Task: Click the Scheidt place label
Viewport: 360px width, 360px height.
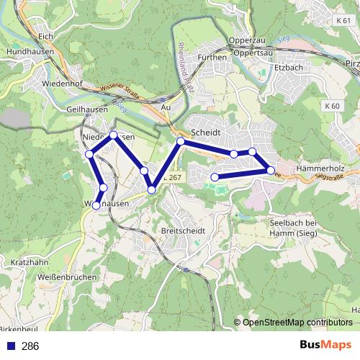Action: tap(205, 133)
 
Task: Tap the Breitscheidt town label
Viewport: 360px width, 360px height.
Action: tap(184, 230)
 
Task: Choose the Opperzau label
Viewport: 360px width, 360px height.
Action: tap(242, 41)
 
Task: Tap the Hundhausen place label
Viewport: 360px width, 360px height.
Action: tap(25, 53)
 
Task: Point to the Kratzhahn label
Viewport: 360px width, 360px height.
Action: tap(30, 262)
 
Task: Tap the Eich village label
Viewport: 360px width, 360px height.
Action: tap(46, 35)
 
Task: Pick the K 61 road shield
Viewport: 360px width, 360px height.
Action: tap(343, 21)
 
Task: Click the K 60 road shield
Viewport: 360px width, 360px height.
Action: tap(331, 106)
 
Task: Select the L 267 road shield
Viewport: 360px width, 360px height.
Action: tap(173, 177)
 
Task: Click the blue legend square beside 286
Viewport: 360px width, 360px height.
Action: tap(10, 346)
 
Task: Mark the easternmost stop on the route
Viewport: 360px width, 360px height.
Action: tap(271, 171)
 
